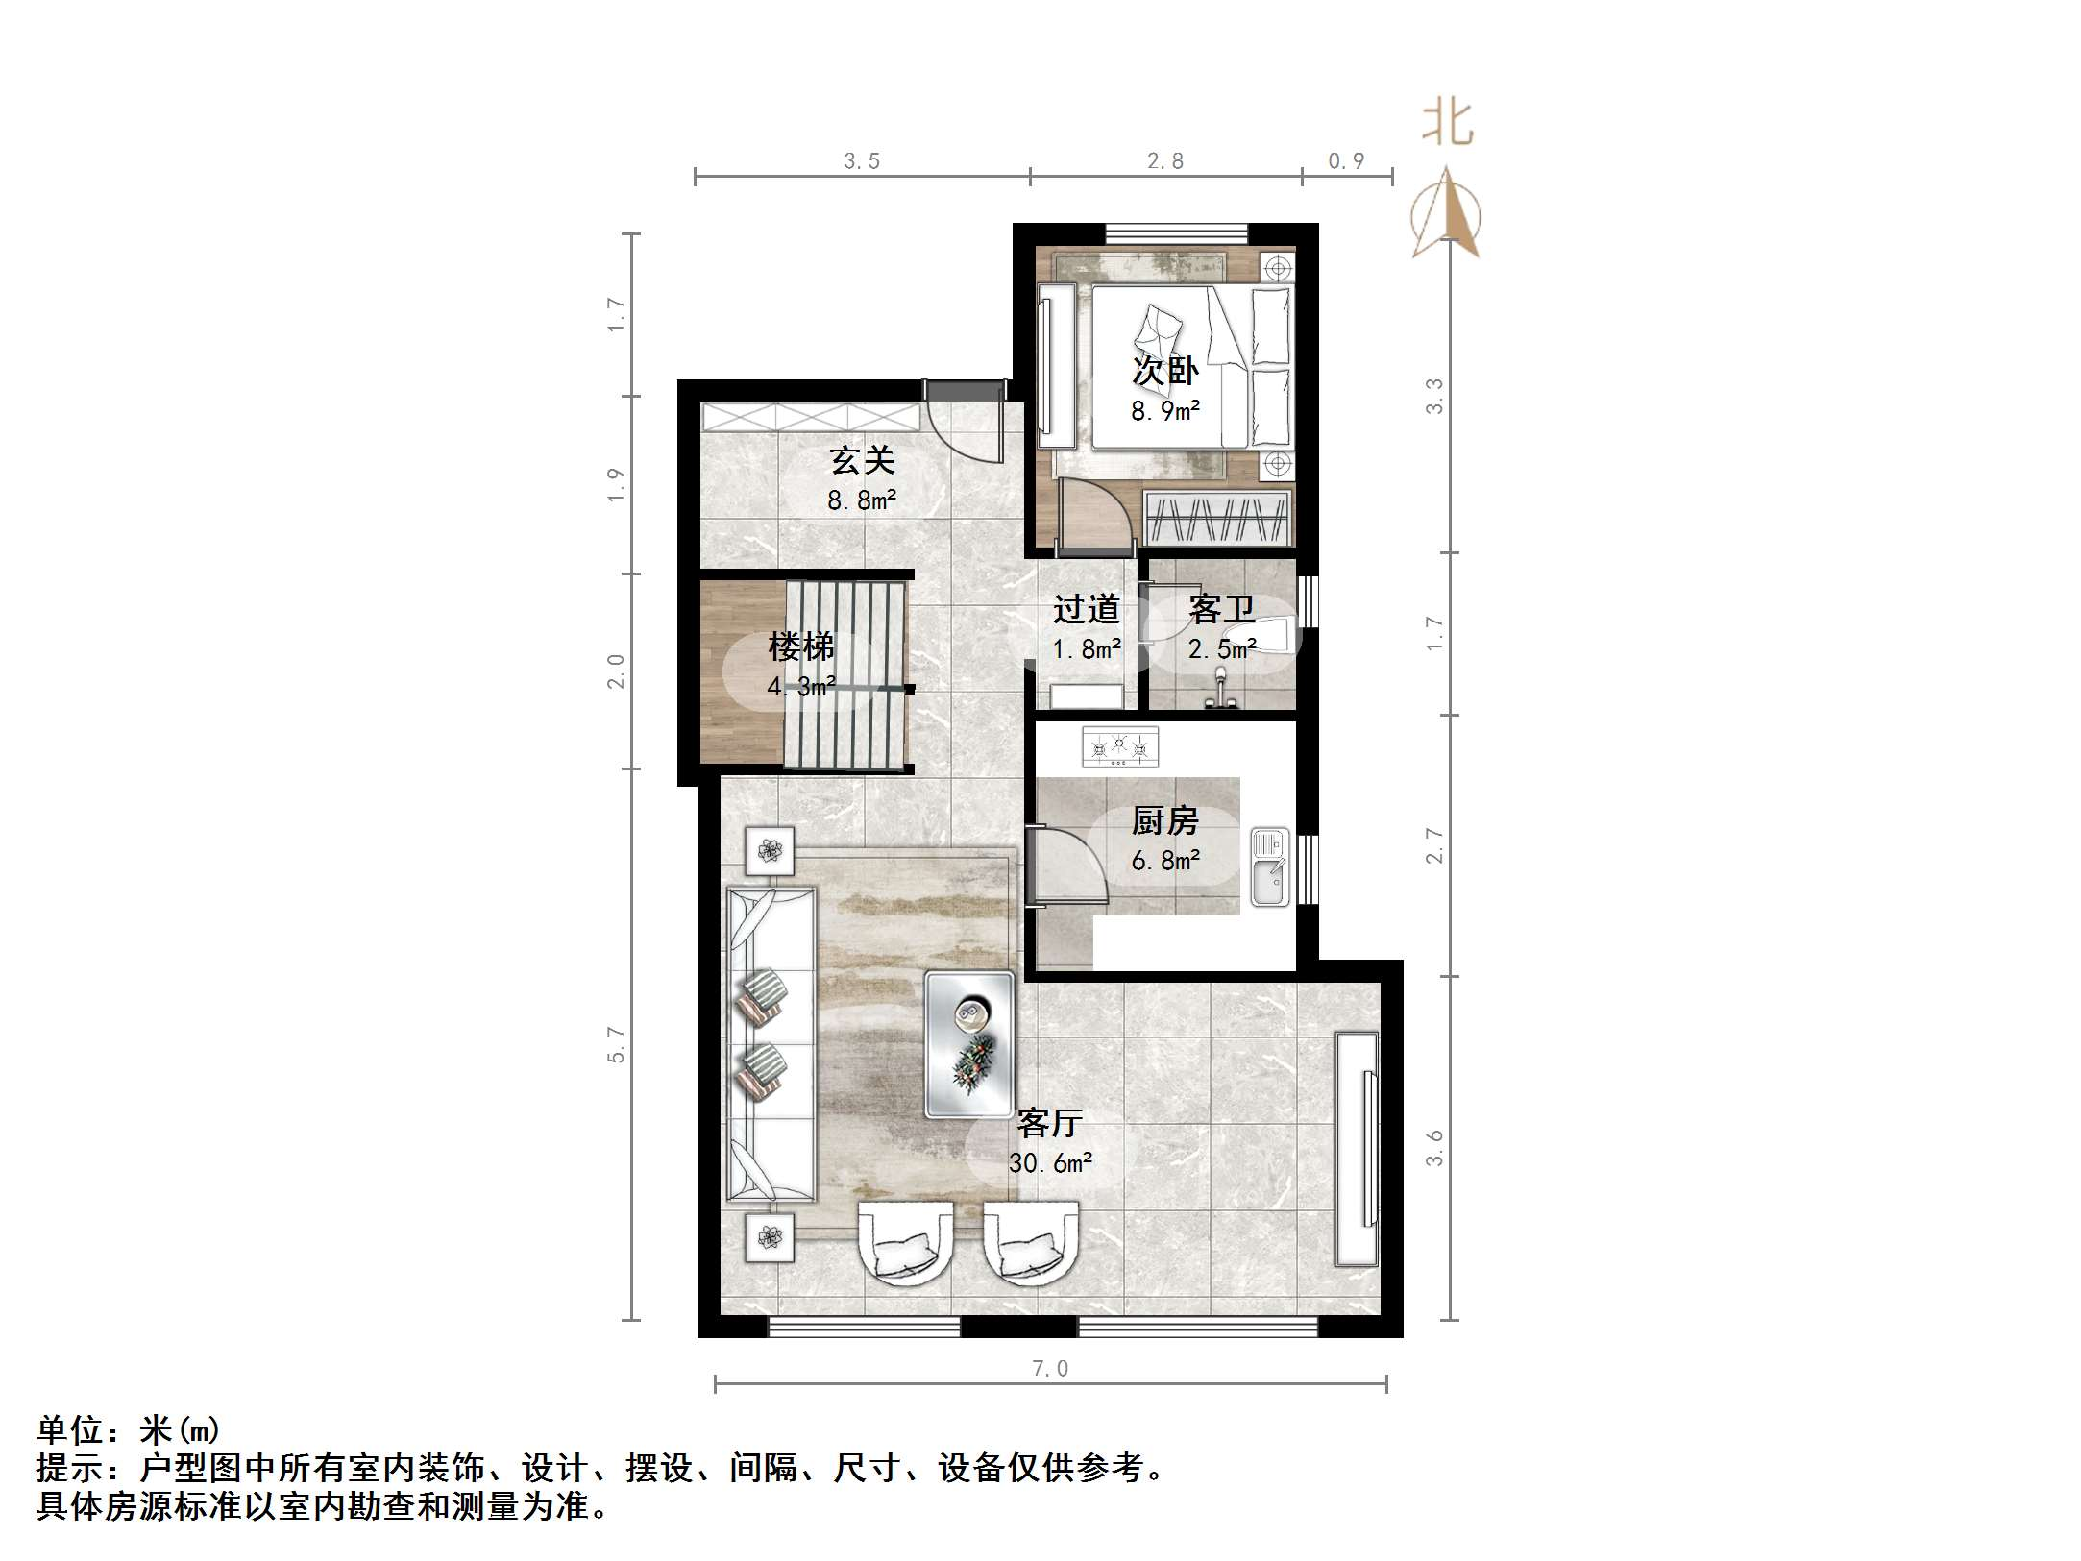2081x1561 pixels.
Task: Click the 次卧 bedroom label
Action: coord(1165,371)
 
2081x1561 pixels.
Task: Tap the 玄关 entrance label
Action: coord(862,460)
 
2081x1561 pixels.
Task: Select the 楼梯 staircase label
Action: coord(800,646)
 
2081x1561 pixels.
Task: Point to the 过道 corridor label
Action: coord(1087,608)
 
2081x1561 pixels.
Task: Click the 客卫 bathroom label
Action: coord(1221,608)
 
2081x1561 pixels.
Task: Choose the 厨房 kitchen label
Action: coord(1164,820)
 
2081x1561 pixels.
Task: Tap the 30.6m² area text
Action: coord(1050,1163)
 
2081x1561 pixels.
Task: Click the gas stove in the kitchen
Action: coord(1120,746)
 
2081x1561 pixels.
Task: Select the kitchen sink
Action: coord(1269,868)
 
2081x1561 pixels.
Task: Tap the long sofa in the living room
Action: coord(771,1044)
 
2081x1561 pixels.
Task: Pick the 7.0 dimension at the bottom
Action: coord(1050,1368)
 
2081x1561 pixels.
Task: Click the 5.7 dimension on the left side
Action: coord(616,1044)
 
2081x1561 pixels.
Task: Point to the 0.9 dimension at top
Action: coord(1346,161)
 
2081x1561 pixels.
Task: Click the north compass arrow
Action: coord(1447,213)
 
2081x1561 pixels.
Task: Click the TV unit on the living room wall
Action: coord(1357,1149)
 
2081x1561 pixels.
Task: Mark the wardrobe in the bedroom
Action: coord(1216,519)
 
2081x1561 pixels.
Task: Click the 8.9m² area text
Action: coord(1165,411)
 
